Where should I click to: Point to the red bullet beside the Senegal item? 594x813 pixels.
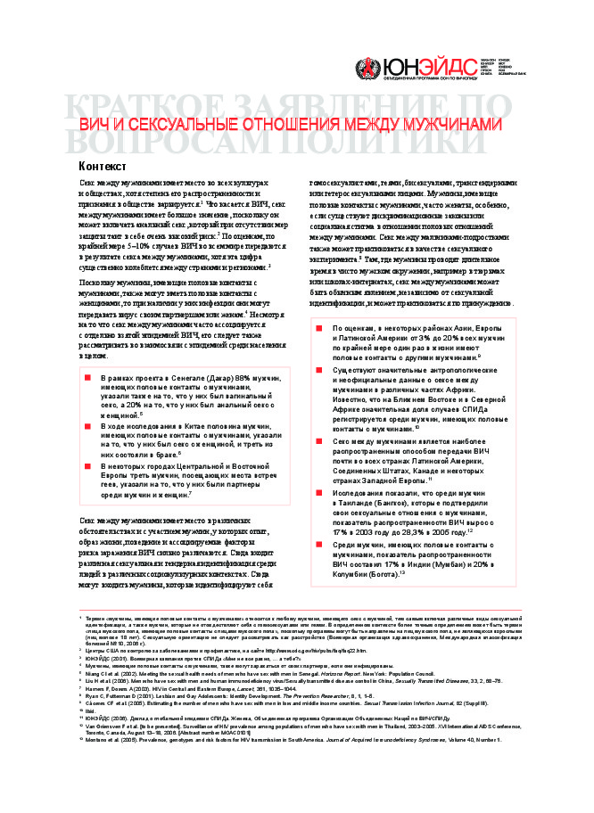point(88,379)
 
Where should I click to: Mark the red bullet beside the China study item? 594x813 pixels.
point(88,427)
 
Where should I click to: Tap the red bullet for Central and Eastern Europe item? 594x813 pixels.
point(88,464)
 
